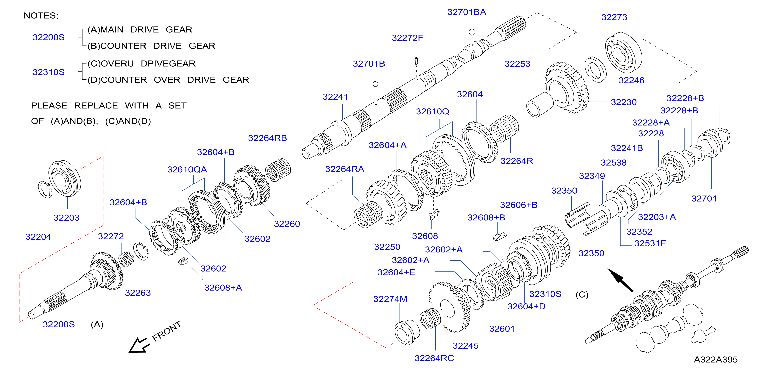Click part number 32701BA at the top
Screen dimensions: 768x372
(466, 12)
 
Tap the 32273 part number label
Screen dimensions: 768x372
(614, 17)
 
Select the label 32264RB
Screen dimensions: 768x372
(267, 138)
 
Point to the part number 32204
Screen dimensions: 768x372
(38, 237)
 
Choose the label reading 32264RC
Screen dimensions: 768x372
(434, 358)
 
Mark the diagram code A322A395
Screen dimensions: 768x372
(716, 359)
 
